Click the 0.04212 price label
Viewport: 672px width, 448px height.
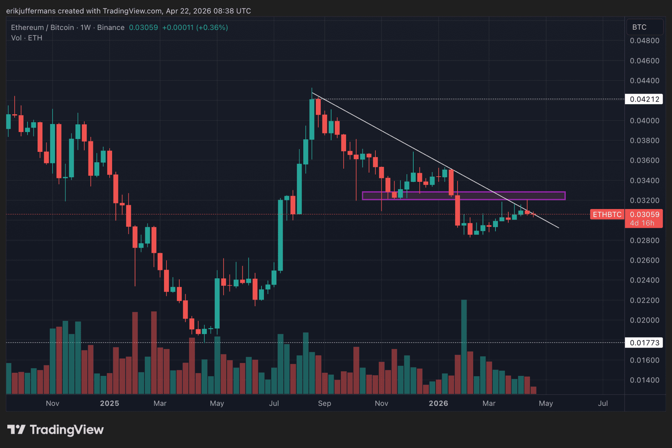644,99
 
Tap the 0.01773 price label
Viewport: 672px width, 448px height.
644,343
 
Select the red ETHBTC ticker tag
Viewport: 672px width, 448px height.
607,215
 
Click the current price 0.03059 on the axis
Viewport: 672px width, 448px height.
644,215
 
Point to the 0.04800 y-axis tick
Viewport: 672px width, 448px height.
644,41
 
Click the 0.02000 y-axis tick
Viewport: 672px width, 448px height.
644,320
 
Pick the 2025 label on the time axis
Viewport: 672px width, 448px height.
109,403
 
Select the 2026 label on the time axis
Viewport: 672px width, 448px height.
438,403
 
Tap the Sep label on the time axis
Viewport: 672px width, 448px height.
324,403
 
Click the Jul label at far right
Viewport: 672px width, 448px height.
603,403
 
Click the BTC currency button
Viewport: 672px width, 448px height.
639,27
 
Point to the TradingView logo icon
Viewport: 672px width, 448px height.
16,430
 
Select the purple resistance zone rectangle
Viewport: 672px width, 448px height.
463,196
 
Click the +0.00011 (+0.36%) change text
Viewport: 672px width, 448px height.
195,28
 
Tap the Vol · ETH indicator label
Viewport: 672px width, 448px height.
26,38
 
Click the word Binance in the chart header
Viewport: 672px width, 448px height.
111,28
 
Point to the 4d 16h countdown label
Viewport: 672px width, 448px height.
642,223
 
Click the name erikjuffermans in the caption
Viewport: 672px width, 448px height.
31,11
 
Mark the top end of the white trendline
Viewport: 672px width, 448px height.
312,93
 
